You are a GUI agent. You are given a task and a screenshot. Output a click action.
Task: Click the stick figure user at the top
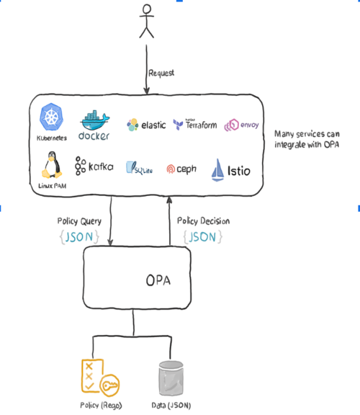pyautogui.click(x=147, y=23)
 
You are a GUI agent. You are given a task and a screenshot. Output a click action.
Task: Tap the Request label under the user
pyautogui.click(x=162, y=73)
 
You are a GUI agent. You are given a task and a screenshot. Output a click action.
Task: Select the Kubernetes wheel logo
pyautogui.click(x=52, y=117)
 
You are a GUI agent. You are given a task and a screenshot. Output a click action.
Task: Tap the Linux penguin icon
pyautogui.click(x=51, y=165)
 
